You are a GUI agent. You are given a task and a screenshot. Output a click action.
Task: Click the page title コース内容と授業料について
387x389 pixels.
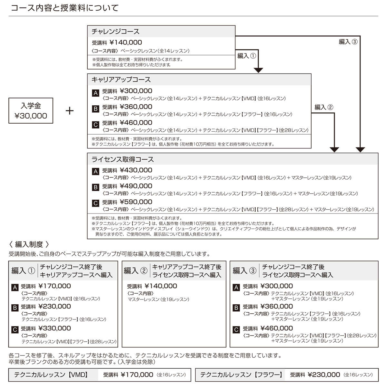pyautogui.click(x=64, y=8)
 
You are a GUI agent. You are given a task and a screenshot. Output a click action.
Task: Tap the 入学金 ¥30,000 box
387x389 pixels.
pyautogui.click(x=31, y=111)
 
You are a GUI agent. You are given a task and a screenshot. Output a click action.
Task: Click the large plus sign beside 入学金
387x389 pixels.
pyautogui.click(x=70, y=111)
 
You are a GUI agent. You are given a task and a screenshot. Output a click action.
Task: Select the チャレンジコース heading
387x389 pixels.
pyautogui.click(x=115, y=32)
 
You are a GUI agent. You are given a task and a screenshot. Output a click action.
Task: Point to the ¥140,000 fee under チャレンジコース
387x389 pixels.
pyautogui.click(x=126, y=43)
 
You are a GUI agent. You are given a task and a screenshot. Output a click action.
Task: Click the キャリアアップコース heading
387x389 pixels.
pyautogui.click(x=121, y=80)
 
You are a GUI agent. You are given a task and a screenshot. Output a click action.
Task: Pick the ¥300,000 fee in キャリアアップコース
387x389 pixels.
pyautogui.click(x=136, y=91)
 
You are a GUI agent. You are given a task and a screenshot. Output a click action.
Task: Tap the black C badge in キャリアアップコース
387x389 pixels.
pyautogui.click(x=95, y=125)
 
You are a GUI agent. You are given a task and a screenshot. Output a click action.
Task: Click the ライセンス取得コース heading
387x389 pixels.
pyautogui.click(x=123, y=159)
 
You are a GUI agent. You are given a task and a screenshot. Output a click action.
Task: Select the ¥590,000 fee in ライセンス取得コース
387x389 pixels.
pyautogui.click(x=136, y=202)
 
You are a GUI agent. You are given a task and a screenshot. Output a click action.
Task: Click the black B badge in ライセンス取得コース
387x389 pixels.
pyautogui.click(x=95, y=187)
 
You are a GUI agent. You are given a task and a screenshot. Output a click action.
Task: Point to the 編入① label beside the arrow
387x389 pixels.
pyautogui.click(x=247, y=56)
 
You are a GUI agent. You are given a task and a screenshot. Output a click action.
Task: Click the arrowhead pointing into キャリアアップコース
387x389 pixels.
pyautogui.click(x=258, y=70)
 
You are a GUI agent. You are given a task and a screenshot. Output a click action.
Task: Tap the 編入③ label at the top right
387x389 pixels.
pyautogui.click(x=348, y=42)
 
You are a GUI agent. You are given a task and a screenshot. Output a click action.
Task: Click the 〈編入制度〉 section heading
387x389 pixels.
pyautogui.click(x=29, y=244)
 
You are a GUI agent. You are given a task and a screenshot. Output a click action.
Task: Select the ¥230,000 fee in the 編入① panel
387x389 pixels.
pyautogui.click(x=55, y=307)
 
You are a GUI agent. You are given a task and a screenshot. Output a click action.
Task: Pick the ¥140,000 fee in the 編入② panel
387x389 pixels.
pyautogui.click(x=161, y=286)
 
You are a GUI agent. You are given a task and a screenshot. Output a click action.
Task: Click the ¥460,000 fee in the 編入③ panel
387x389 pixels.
pyautogui.click(x=277, y=328)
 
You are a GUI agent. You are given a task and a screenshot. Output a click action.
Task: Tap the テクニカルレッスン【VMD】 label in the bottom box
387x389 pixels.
pyautogui.click(x=51, y=375)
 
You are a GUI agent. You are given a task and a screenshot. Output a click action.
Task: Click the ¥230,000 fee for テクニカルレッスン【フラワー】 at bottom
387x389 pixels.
pyautogui.click(x=324, y=375)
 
